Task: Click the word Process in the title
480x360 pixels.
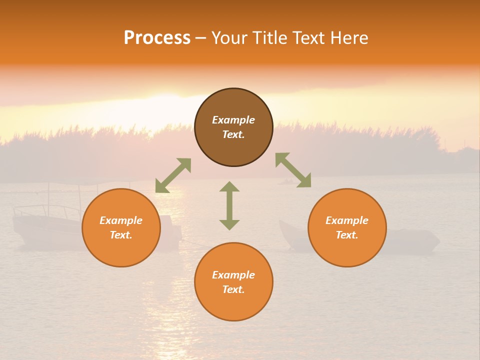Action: pos(157,38)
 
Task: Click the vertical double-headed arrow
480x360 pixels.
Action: pos(229,205)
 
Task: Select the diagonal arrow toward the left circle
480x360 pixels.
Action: pos(173,175)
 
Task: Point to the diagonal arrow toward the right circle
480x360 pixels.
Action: pos(293,170)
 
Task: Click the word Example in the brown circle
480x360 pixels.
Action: pos(233,120)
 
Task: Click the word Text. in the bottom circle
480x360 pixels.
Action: pos(233,289)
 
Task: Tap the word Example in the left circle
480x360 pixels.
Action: pos(121,220)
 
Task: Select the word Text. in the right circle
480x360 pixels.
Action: pos(347,235)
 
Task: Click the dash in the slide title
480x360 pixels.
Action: pos(201,38)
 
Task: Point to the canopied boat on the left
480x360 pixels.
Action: pos(47,220)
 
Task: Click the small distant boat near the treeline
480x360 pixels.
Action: pos(287,181)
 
